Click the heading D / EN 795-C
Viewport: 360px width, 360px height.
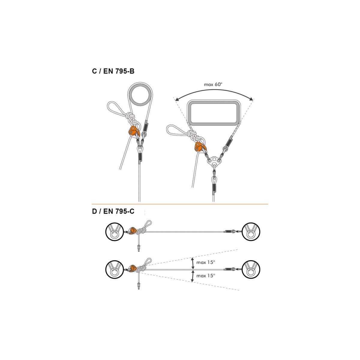pyautogui.click(x=113, y=211)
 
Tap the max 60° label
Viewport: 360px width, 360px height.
pyautogui.click(x=213, y=84)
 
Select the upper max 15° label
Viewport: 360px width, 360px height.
pyautogui.click(x=206, y=262)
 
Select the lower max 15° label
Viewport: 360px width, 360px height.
pyautogui.click(x=206, y=275)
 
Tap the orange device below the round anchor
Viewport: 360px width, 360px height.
pyautogui.click(x=133, y=131)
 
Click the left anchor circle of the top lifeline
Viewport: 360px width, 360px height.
pyautogui.click(x=114, y=232)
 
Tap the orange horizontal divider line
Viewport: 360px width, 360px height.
pyautogui.click(x=180, y=204)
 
